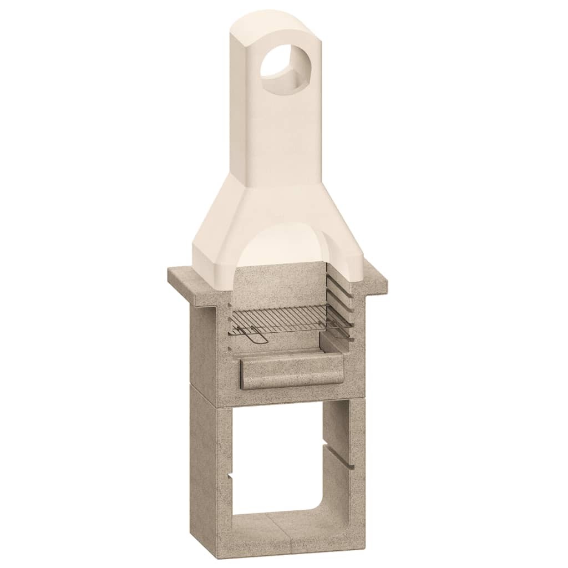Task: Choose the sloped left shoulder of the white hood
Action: pos(214,222)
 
